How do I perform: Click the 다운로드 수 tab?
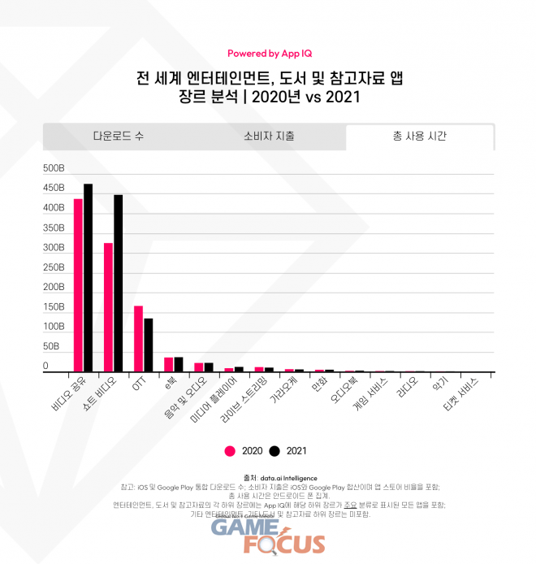119,137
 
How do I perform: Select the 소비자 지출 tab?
269,137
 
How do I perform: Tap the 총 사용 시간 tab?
419,137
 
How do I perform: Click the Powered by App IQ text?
269,54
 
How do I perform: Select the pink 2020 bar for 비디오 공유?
78,285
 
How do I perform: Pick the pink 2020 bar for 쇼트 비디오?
108,307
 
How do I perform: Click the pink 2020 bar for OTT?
138,338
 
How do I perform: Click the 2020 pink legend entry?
242,450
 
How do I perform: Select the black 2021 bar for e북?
178,364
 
